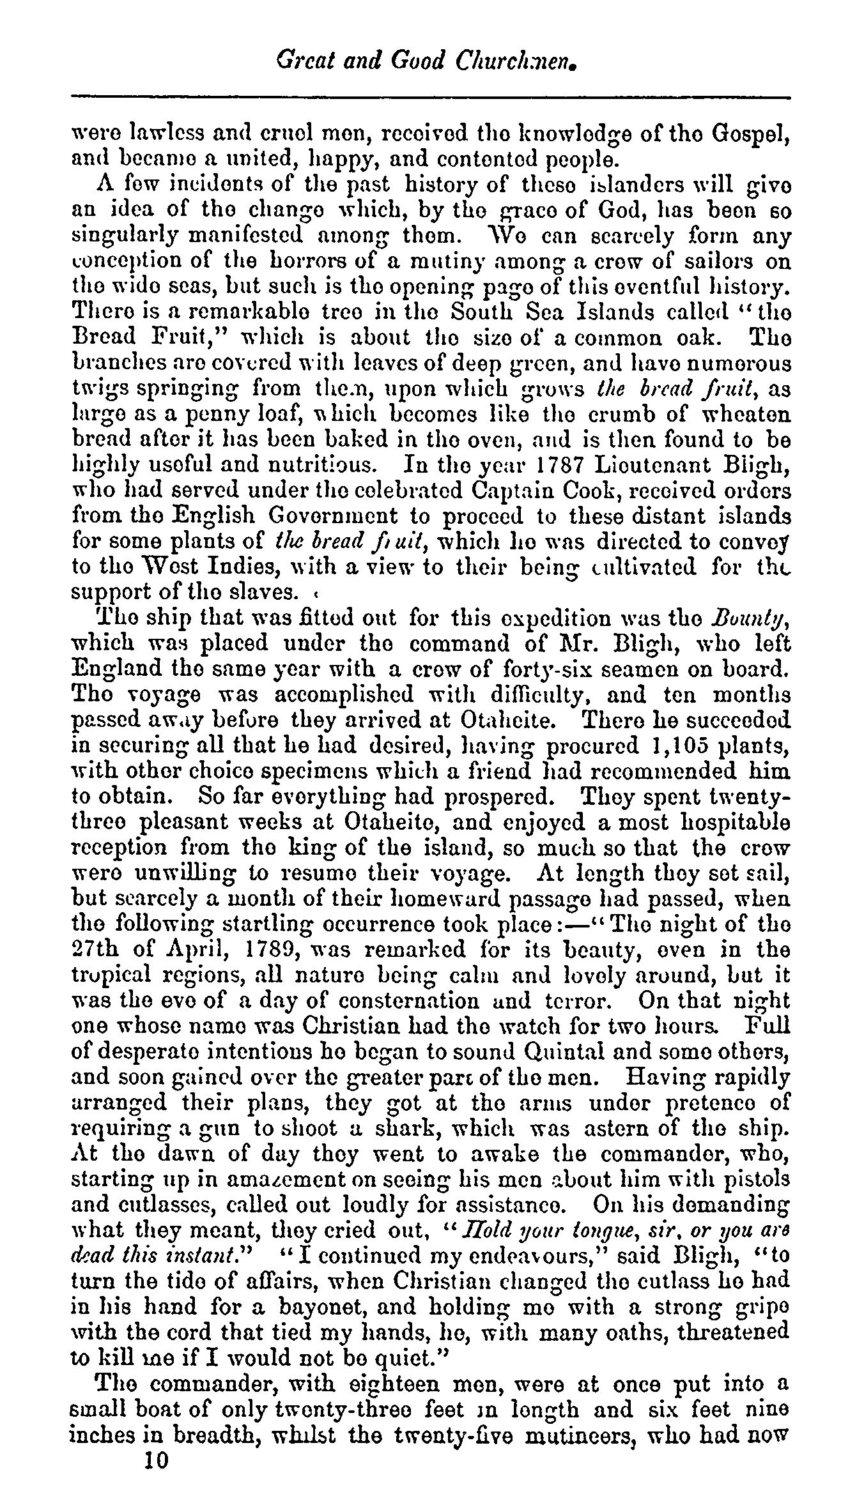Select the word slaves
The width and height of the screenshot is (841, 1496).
coord(263,592)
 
